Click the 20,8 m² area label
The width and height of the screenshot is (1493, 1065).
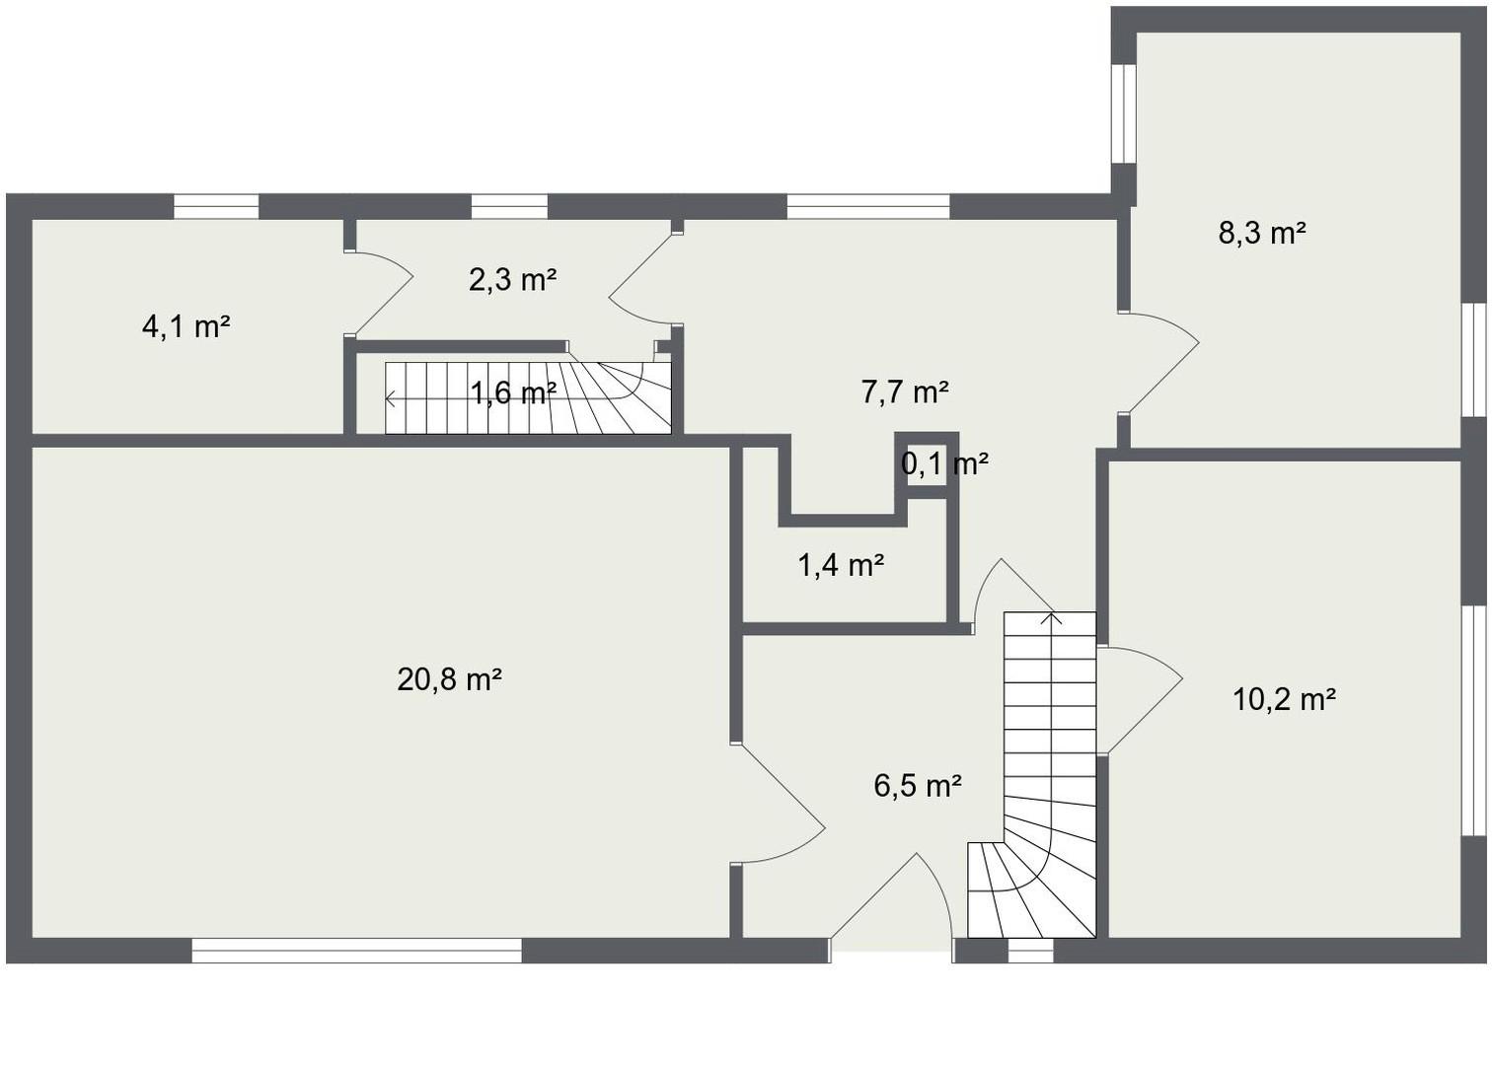point(449,679)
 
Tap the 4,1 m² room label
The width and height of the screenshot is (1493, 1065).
point(187,326)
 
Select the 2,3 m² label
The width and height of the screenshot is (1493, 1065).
point(512,280)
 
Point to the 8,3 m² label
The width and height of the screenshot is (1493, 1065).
point(1262,234)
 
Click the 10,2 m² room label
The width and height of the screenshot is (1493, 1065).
point(1284,699)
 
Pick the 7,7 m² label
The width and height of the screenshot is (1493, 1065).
point(905,392)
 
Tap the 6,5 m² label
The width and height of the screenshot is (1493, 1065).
point(918,786)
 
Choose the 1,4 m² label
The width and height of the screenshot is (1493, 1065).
point(841,565)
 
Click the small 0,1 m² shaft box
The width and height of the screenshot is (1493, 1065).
point(926,463)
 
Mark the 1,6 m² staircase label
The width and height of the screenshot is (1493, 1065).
point(512,393)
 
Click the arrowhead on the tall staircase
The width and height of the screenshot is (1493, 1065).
point(1052,619)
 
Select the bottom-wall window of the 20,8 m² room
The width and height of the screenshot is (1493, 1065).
point(356,951)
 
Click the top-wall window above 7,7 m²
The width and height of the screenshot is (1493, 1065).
point(867,206)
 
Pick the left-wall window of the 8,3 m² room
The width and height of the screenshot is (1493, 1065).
point(1124,113)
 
